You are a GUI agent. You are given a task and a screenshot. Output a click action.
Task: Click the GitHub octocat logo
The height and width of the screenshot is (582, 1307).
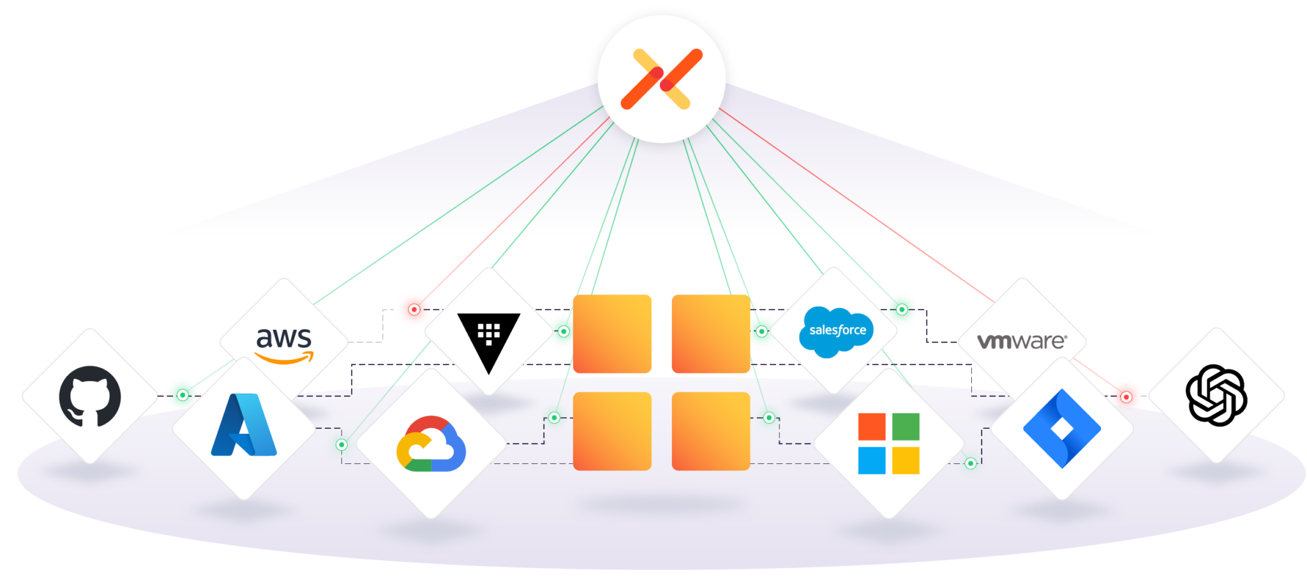[x=90, y=396]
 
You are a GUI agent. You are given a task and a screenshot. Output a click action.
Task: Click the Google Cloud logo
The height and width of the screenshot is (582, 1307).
[x=431, y=444]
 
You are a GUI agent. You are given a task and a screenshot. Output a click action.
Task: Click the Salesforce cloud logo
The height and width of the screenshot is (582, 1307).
[x=837, y=331]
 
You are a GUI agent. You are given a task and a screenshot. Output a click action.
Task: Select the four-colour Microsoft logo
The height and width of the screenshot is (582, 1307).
[x=888, y=444]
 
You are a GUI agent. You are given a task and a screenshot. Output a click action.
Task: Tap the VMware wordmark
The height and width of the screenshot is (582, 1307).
[x=1022, y=341]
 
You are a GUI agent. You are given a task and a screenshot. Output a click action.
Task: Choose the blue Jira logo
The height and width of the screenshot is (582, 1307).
[x=1061, y=428]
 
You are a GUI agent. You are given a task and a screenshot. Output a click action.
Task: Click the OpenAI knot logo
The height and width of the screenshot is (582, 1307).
[x=1216, y=395]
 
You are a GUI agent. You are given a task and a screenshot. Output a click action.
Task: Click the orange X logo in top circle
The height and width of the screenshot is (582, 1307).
[x=662, y=78]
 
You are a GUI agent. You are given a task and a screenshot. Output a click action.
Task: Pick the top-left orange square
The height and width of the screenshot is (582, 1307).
[x=612, y=334]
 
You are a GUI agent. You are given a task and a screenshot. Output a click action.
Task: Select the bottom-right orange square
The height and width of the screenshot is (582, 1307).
[x=711, y=431]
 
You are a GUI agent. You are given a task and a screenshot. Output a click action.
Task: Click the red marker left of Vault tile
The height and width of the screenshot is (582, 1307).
[x=414, y=310]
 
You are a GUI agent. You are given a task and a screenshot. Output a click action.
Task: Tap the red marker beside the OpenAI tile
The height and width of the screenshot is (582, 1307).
[x=1126, y=397]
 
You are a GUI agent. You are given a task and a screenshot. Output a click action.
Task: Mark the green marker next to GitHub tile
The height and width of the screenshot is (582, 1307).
[x=183, y=395]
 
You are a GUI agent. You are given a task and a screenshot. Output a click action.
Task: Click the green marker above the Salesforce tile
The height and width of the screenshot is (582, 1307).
[x=902, y=310]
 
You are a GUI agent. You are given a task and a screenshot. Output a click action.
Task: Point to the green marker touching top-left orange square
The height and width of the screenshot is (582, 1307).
[x=564, y=331]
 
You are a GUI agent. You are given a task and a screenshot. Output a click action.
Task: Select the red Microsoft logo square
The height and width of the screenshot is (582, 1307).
[x=872, y=427]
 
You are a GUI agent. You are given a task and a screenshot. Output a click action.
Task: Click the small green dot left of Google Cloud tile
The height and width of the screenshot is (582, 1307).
[x=342, y=445]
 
